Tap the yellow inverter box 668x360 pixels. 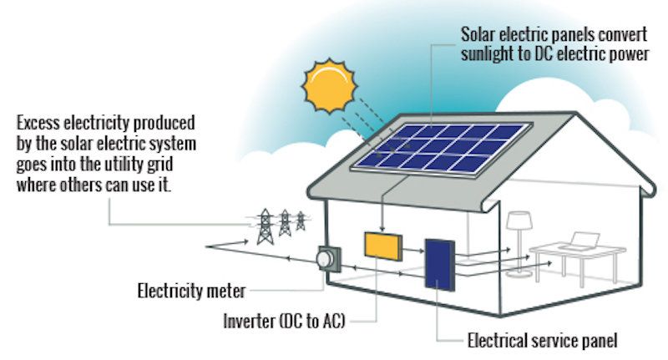pos(383,246)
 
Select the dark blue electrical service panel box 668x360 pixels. pos(440,265)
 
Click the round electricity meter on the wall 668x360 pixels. pos(325,258)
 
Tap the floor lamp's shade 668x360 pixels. pos(519,221)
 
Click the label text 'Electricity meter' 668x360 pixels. pos(191,291)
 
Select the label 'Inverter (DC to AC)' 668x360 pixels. pos(284,321)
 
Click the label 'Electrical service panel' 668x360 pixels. pos(542,341)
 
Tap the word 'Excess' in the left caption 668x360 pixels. pos(38,123)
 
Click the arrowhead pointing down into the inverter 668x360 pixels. pos(382,228)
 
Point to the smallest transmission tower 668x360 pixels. pos(301,221)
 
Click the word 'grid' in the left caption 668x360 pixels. pos(159,165)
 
